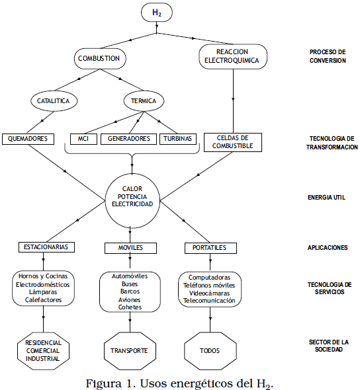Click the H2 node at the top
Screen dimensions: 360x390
(x=157, y=12)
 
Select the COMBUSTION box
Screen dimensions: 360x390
(x=100, y=58)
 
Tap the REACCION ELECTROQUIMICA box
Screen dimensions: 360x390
(x=233, y=56)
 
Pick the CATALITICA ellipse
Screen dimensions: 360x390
(x=54, y=101)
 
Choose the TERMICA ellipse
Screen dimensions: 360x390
(x=144, y=101)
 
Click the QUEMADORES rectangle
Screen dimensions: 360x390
(x=28, y=139)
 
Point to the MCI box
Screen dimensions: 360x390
(x=83, y=139)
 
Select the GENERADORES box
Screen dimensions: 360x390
(x=129, y=139)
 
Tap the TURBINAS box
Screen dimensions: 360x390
(x=178, y=139)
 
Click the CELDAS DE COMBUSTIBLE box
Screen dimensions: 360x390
(x=233, y=142)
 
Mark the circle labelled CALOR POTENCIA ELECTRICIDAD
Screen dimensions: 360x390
(x=132, y=200)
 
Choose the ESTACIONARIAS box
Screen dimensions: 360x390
(x=46, y=247)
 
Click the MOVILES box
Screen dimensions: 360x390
(x=131, y=248)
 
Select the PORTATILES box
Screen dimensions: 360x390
(x=210, y=248)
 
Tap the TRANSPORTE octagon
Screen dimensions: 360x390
(x=130, y=351)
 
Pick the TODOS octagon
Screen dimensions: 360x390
(x=210, y=351)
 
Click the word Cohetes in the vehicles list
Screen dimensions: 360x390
(x=130, y=307)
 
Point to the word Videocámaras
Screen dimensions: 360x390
(x=209, y=293)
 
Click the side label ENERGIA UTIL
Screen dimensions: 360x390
(x=326, y=198)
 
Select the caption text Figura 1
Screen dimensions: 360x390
(x=111, y=383)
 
